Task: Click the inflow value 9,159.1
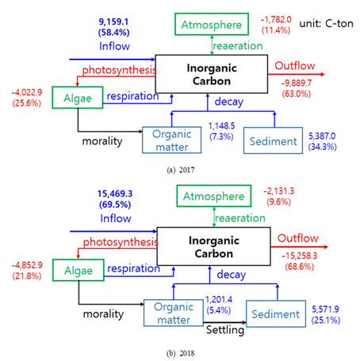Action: (113, 21)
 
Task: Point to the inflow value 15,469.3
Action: (115, 194)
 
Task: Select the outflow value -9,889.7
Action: (297, 83)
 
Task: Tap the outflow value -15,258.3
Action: (300, 255)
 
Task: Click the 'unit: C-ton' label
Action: (326, 24)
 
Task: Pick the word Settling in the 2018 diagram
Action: (225, 330)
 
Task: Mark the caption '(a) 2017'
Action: (181, 170)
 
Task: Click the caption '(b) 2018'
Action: (181, 353)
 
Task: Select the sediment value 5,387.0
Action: (322, 136)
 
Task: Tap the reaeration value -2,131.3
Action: (279, 190)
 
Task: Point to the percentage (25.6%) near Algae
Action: (27, 103)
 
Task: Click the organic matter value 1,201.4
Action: (219, 299)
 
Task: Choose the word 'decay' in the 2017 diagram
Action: (229, 102)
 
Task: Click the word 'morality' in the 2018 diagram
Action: (103, 314)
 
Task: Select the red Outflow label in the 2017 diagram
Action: (295, 66)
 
